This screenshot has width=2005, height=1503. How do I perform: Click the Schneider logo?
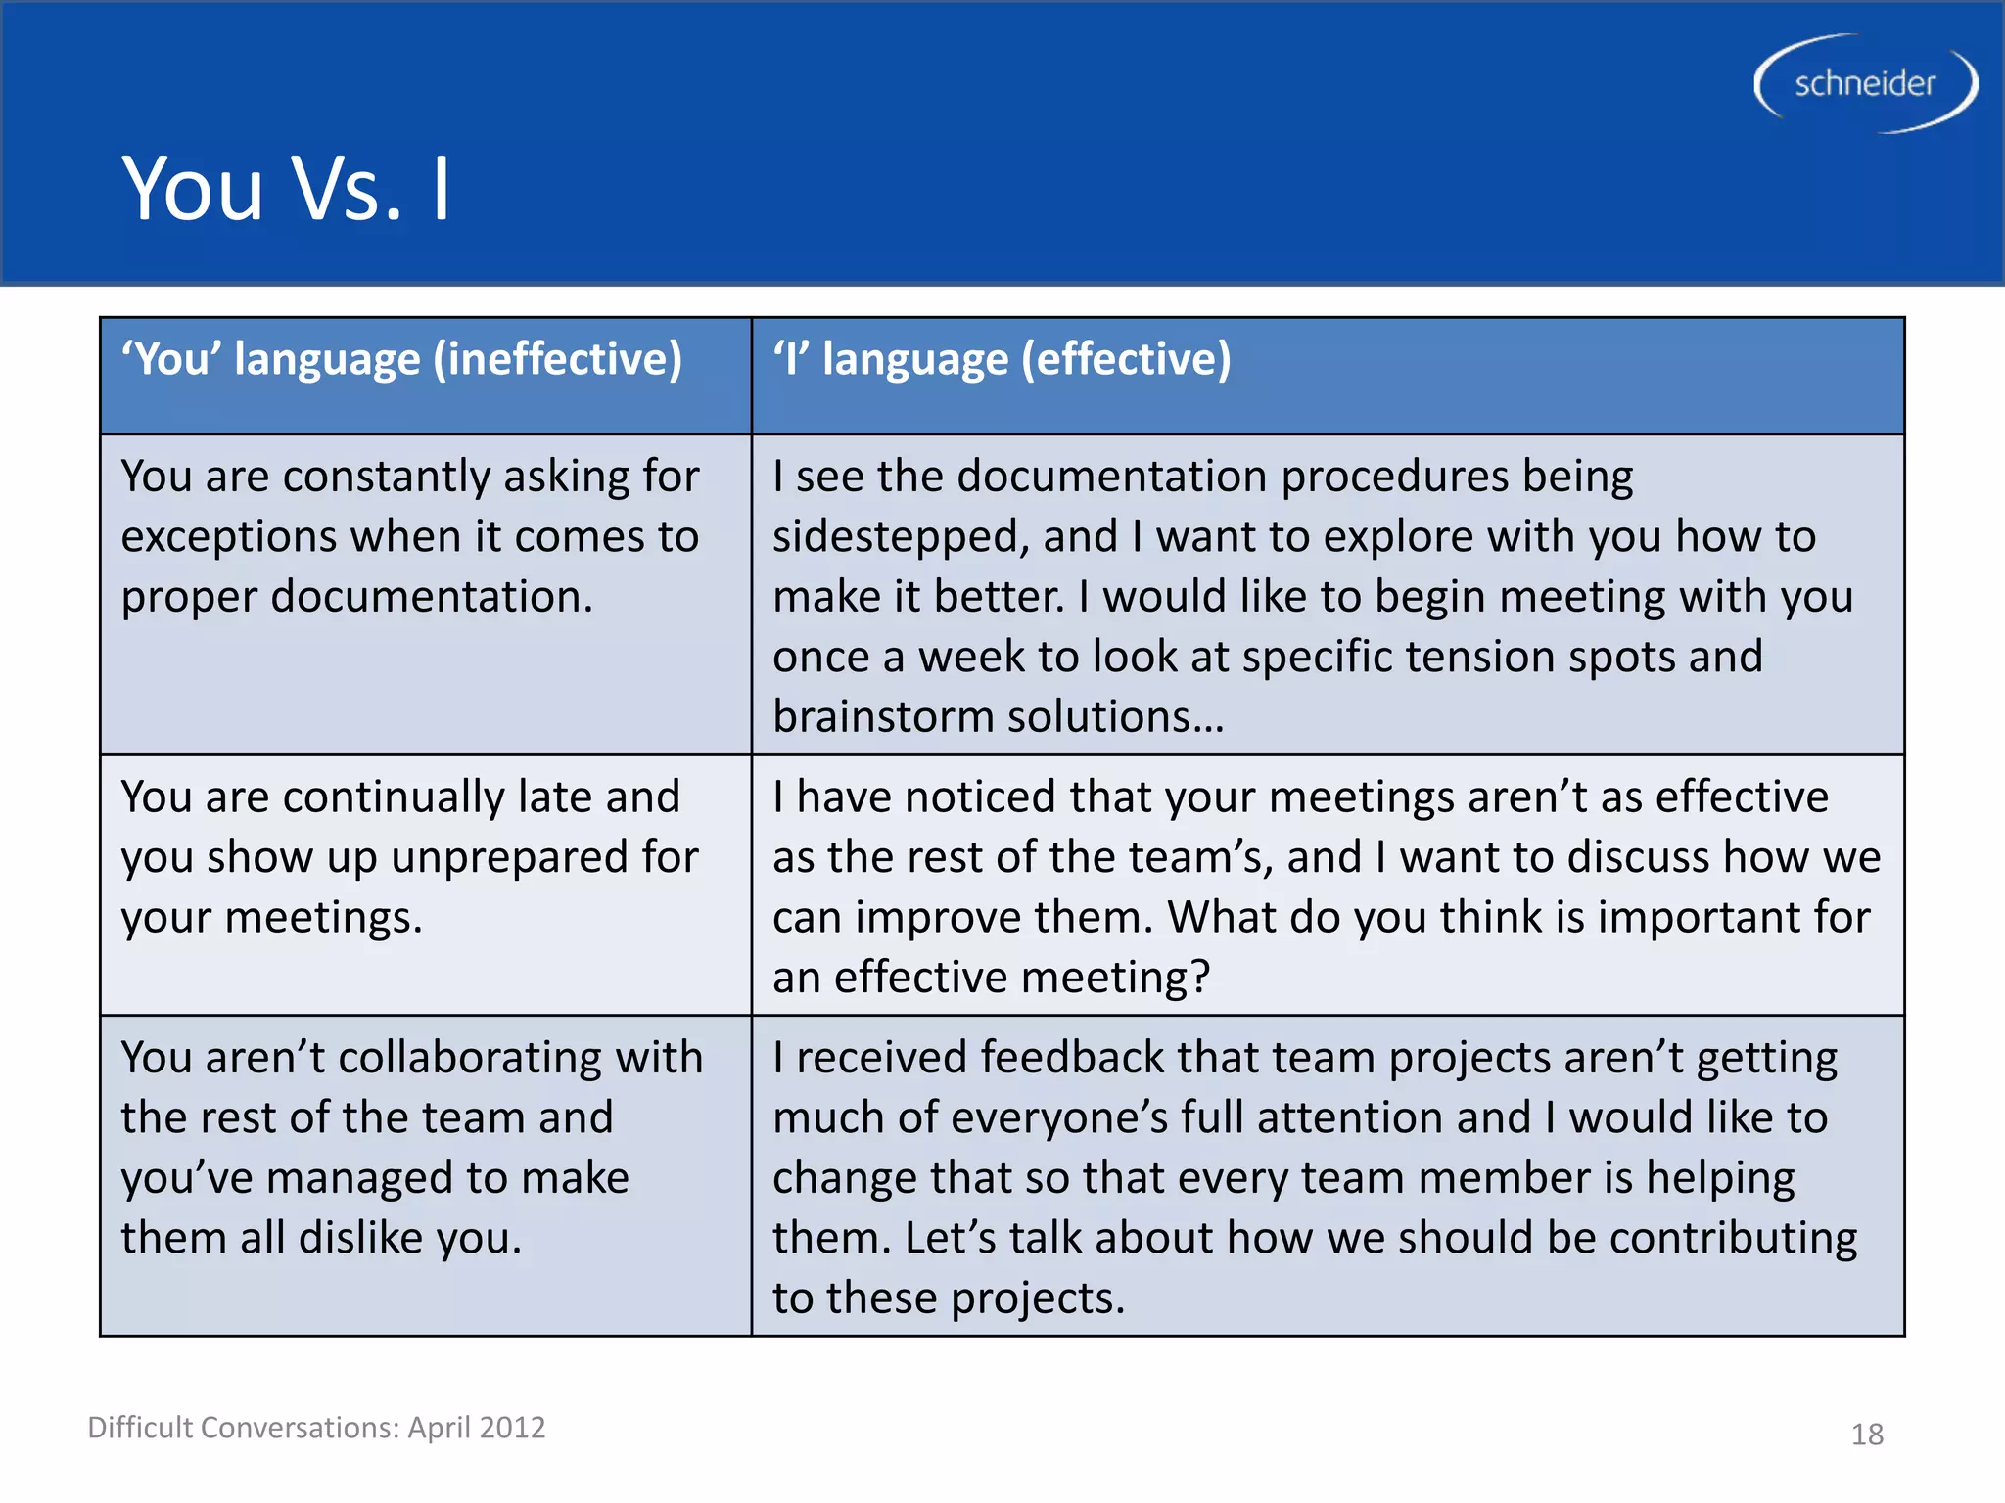point(1865,84)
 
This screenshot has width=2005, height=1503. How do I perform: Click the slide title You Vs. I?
point(285,189)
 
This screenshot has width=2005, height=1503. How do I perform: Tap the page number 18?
point(1867,1435)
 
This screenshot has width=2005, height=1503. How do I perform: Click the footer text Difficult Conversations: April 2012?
point(316,1428)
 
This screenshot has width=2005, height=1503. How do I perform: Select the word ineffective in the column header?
point(557,359)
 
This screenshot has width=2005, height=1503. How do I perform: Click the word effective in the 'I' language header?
point(1125,359)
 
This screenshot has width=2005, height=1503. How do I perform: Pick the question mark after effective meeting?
point(1200,978)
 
